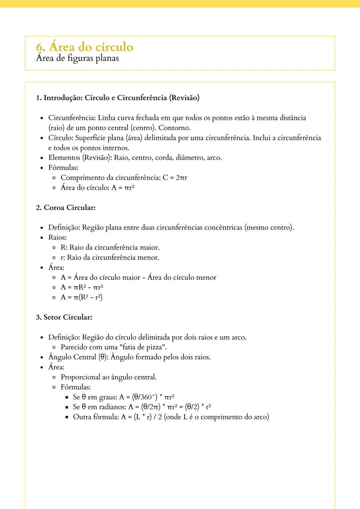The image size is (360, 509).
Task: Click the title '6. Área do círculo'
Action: click(x=85, y=47)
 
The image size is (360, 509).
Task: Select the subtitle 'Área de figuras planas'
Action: click(x=77, y=58)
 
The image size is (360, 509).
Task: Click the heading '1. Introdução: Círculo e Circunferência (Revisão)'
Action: click(x=118, y=98)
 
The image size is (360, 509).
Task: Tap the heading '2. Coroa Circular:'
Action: click(x=66, y=208)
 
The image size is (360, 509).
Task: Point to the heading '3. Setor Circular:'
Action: click(x=64, y=317)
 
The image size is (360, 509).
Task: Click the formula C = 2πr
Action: click(x=175, y=178)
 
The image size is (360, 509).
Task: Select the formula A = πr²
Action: click(x=123, y=188)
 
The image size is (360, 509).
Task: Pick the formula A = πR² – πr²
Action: click(x=82, y=287)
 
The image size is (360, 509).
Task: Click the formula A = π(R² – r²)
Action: click(x=82, y=297)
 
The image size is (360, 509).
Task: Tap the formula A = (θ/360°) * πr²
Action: click(x=147, y=397)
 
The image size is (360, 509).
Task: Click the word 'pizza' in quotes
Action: click(x=156, y=347)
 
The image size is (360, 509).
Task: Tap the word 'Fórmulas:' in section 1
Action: click(x=63, y=168)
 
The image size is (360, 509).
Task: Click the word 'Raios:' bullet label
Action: click(x=57, y=238)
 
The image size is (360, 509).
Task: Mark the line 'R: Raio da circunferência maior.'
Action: click(x=110, y=248)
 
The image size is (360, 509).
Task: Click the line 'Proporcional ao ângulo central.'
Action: click(x=109, y=377)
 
